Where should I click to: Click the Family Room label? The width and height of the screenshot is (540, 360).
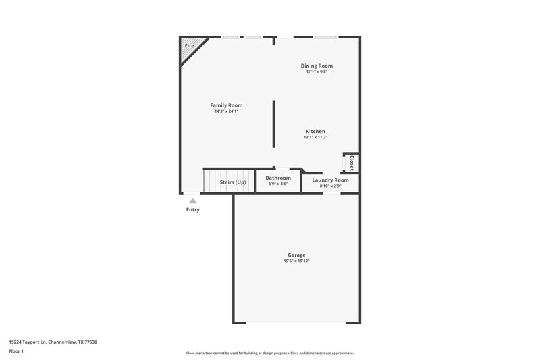[x=226, y=105]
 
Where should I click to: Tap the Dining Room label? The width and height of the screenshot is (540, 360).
[x=317, y=66]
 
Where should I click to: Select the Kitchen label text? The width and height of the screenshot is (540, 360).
[x=315, y=131]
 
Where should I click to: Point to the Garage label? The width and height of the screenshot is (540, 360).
[x=296, y=255]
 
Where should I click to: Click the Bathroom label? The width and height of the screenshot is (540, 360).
[x=278, y=178]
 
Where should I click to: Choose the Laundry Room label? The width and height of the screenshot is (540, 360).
[x=330, y=180]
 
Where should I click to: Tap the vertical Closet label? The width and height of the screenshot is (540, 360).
[x=352, y=163]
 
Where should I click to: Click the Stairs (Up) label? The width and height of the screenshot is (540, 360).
[x=233, y=182]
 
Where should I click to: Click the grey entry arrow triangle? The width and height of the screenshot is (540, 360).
[x=193, y=201]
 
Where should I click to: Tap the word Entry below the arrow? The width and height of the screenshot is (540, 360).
[x=193, y=209]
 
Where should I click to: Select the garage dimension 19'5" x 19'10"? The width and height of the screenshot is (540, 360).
[x=296, y=261]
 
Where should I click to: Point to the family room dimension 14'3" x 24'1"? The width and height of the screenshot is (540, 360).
[x=226, y=111]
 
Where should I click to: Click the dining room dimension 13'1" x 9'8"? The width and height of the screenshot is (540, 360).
[x=317, y=72]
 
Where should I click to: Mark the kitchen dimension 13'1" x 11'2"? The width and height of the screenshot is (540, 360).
[x=315, y=137]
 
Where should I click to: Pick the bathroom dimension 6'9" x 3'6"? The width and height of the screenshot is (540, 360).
[x=278, y=184]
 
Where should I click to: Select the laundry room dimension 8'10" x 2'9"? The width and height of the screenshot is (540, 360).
[x=330, y=186]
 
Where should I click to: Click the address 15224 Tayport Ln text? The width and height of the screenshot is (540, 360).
[x=53, y=342]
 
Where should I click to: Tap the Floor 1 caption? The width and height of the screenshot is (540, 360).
[x=17, y=352]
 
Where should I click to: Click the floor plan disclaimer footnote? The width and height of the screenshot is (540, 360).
[x=270, y=353]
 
